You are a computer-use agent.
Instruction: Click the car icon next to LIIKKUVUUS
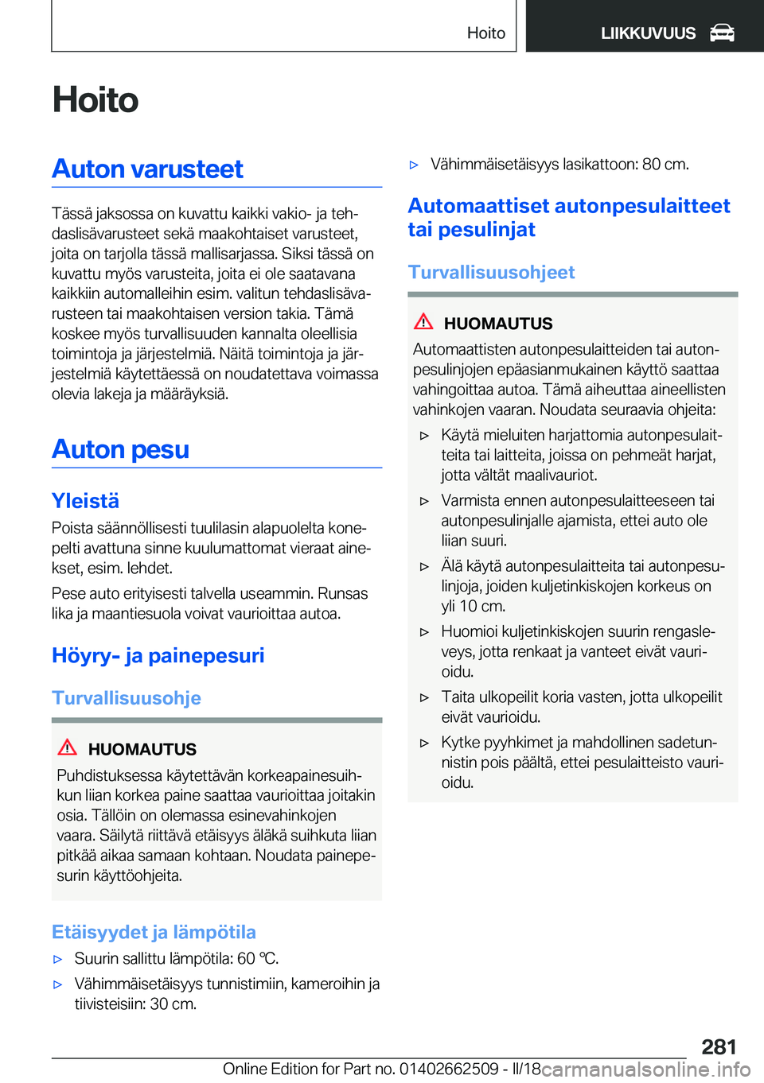pyautogui.click(x=722, y=33)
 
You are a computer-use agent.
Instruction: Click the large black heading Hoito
pyautogui.click(x=95, y=100)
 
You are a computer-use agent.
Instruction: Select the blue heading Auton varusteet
pyautogui.click(x=148, y=169)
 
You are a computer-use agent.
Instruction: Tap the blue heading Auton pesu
pyautogui.click(x=121, y=450)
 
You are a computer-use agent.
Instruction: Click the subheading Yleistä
pyautogui.click(x=86, y=501)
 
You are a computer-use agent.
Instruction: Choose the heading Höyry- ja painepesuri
pyautogui.click(x=158, y=656)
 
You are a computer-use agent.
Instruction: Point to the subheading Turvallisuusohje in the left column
pyautogui.click(x=127, y=698)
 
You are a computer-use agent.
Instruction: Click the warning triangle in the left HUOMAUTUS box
pyautogui.click(x=68, y=747)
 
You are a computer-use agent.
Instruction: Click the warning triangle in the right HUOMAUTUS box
pyautogui.click(x=423, y=322)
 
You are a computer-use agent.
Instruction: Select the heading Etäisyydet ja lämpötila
pyautogui.click(x=154, y=932)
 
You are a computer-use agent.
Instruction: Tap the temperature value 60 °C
pyautogui.click(x=257, y=959)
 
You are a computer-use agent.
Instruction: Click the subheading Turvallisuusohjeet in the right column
pyautogui.click(x=491, y=273)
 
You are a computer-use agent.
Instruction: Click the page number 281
pyautogui.click(x=719, y=1046)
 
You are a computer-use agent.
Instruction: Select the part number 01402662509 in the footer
pyautogui.click(x=450, y=1069)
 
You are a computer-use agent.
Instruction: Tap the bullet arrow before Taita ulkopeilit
pyautogui.click(x=424, y=697)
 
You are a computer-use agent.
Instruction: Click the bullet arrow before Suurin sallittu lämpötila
pyautogui.click(x=57, y=960)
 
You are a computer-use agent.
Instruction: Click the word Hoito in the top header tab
pyautogui.click(x=485, y=33)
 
